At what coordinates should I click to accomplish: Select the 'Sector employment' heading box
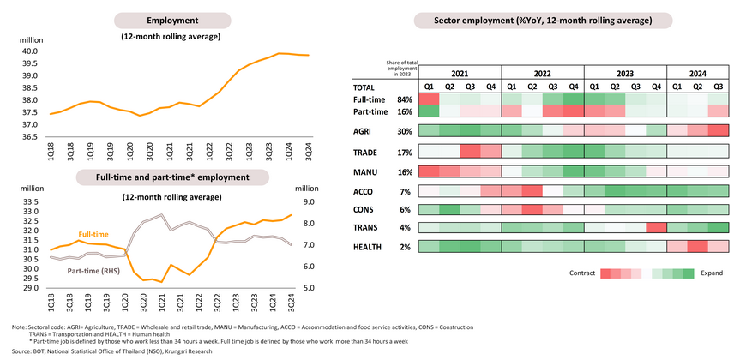(543, 20)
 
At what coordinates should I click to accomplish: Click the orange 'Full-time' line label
(93, 233)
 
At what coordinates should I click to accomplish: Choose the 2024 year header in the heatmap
(696, 73)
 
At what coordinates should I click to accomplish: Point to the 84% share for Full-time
(404, 99)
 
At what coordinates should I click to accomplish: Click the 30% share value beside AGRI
(404, 131)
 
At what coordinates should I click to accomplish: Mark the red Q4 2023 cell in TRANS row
(656, 227)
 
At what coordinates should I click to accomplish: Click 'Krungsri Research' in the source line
(196, 351)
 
